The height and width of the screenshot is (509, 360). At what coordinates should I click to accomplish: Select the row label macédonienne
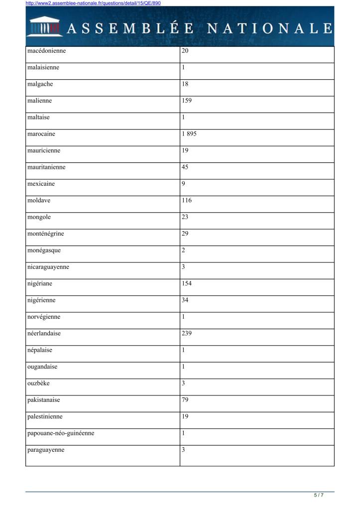(x=47, y=51)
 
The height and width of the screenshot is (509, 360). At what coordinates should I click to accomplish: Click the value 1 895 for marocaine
(x=190, y=134)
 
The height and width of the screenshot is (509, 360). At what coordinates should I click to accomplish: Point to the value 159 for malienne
(x=187, y=101)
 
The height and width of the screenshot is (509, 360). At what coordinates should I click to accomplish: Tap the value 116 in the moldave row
(x=187, y=201)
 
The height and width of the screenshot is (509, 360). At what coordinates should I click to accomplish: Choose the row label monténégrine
(x=46, y=234)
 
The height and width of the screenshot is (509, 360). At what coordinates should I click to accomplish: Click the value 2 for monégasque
(x=184, y=251)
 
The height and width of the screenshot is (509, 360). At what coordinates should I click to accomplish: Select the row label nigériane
(x=40, y=283)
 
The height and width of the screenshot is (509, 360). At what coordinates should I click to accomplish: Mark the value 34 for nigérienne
(x=185, y=300)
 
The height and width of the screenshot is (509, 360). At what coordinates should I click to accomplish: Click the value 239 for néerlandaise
(x=187, y=334)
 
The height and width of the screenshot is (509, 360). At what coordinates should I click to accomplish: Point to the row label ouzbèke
(x=38, y=383)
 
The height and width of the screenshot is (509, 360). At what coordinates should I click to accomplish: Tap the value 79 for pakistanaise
(x=185, y=400)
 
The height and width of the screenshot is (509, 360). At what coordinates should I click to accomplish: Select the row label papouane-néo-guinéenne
(x=61, y=433)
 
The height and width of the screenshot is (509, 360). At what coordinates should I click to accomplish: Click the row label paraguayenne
(x=46, y=450)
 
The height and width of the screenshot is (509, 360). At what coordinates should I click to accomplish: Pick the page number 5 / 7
(x=319, y=495)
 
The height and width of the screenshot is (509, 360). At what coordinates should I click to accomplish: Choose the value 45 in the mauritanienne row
(x=185, y=167)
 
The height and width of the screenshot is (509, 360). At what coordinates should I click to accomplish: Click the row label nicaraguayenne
(x=48, y=267)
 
